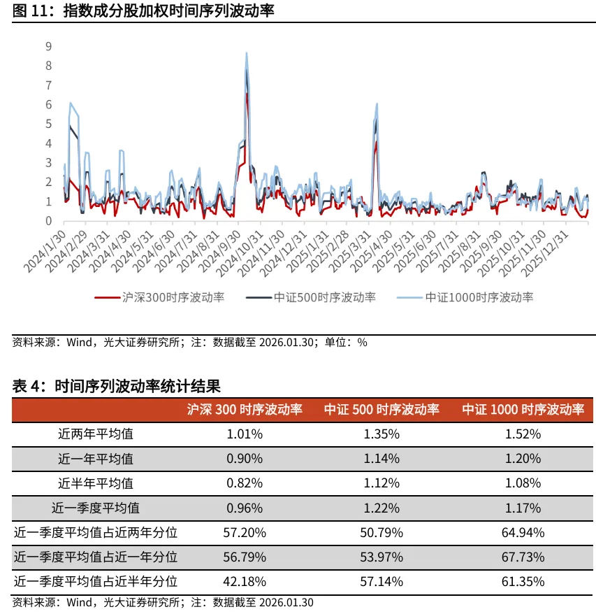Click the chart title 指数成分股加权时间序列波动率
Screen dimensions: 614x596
[168, 10]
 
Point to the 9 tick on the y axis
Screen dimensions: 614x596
[48, 46]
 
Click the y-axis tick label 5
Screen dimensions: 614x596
[48, 124]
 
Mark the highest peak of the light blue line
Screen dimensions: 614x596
[246, 53]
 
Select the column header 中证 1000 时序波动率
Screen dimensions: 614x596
[523, 409]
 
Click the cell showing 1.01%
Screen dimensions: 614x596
[245, 434]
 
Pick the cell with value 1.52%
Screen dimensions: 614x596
[523, 434]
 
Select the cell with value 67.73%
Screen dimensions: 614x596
[523, 557]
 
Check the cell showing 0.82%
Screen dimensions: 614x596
[245, 483]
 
